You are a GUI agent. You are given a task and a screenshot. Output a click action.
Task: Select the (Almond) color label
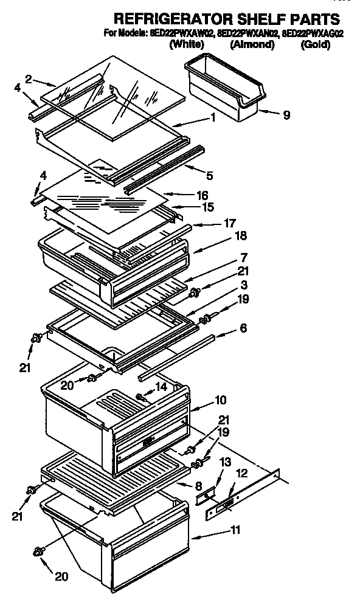coord(252,44)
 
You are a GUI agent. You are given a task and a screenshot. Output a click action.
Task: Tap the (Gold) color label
coord(316,44)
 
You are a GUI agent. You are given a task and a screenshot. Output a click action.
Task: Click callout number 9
coord(286,114)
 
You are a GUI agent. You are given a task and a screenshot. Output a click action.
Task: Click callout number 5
coord(209,176)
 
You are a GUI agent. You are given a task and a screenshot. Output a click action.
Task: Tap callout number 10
coord(220,400)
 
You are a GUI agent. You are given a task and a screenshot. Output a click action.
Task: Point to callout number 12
coord(242,472)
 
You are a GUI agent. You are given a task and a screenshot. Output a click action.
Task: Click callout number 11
coord(235,529)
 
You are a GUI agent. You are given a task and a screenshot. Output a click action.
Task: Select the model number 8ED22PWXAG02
coord(311,33)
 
